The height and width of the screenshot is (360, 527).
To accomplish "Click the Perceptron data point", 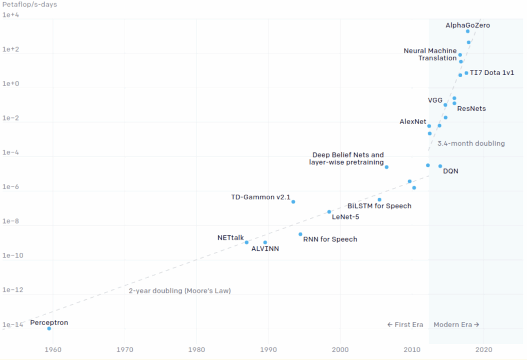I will (x=49, y=328).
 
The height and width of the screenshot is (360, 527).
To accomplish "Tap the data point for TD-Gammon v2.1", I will (x=293, y=201).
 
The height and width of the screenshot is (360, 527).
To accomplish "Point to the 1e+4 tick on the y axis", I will (x=11, y=15).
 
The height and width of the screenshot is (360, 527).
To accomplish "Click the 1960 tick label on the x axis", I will (x=52, y=350).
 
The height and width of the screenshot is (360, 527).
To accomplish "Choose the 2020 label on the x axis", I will (x=483, y=350).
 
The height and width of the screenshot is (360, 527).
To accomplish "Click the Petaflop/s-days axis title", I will (x=30, y=5).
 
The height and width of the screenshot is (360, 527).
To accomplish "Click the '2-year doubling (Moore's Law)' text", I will (x=180, y=290).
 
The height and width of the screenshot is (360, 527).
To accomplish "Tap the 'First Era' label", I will (x=405, y=324).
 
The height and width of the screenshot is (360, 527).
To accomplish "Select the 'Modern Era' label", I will (x=456, y=324).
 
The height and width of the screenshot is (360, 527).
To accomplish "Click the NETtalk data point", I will (x=247, y=242).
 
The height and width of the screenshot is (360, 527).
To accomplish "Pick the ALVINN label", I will (x=265, y=249).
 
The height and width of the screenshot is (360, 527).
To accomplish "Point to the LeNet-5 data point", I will (x=329, y=212).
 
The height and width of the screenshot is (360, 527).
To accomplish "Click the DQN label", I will (x=450, y=171).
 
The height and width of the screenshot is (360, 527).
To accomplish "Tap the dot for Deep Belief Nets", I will (x=387, y=167).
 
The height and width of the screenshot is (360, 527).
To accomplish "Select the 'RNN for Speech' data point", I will (x=301, y=234).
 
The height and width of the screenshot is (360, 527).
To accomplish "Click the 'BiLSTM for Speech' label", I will (x=379, y=206).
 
